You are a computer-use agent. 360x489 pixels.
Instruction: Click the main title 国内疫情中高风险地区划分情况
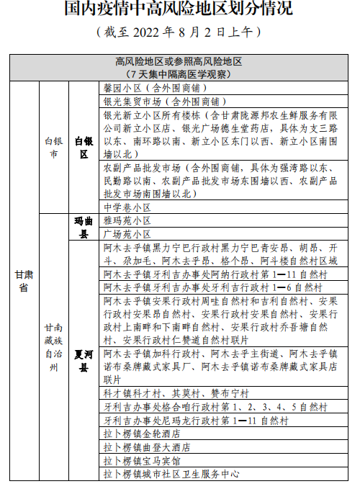click(x=179, y=9)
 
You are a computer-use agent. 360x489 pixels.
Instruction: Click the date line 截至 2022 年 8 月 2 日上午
click(x=179, y=32)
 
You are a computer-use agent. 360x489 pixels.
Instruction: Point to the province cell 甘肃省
click(x=22, y=280)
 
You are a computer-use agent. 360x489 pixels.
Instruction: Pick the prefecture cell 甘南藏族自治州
click(x=53, y=346)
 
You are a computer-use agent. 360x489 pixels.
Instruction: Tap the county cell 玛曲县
click(x=84, y=228)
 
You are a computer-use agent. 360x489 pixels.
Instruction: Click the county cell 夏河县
click(x=84, y=361)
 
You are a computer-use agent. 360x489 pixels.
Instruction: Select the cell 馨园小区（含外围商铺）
click(x=151, y=87)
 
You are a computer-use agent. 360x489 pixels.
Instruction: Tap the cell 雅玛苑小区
click(x=130, y=221)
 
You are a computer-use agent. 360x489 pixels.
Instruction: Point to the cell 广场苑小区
click(x=130, y=234)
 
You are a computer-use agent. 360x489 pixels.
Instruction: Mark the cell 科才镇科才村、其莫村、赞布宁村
click(x=176, y=393)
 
